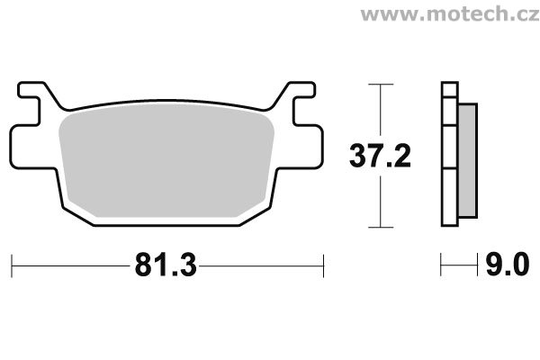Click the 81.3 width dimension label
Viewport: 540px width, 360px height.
click(166, 265)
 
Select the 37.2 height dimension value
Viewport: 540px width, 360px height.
click(380, 156)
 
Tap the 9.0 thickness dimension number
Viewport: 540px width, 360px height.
click(508, 265)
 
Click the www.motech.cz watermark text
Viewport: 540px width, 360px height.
click(450, 14)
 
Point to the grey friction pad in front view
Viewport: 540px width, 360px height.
click(166, 160)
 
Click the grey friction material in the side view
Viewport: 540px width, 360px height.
click(468, 160)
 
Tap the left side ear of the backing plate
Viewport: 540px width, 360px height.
click(25, 148)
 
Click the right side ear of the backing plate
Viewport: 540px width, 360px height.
click(308, 147)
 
